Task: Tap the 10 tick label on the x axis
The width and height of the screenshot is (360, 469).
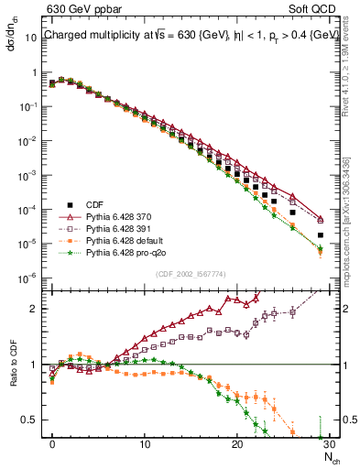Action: coord(145,443)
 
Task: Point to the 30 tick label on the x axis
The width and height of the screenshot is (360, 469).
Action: coord(328,443)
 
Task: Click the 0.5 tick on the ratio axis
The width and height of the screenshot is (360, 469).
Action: coord(35,420)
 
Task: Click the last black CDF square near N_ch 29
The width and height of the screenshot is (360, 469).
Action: coord(320,235)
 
